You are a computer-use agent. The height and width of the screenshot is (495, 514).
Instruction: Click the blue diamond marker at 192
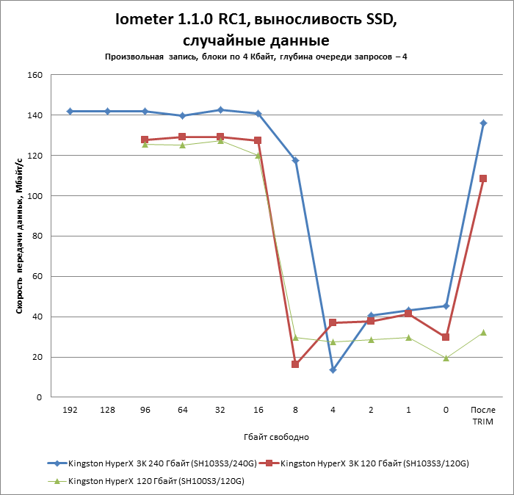70,111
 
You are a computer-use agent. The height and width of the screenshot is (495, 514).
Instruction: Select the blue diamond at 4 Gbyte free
333,369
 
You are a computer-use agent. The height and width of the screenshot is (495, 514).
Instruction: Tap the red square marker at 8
295,364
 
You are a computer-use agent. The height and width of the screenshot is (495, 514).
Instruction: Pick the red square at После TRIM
483,178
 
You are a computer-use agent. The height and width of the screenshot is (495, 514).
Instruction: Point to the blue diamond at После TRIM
483,123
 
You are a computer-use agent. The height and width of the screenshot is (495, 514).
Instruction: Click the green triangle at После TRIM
483,333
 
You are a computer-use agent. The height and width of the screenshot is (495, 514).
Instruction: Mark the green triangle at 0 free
446,358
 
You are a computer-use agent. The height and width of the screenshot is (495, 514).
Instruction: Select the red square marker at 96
145,140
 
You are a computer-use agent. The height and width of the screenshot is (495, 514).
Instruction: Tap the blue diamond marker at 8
295,161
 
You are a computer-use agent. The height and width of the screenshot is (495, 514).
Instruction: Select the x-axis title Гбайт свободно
276,437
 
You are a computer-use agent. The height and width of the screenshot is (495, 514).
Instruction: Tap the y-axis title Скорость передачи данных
21,235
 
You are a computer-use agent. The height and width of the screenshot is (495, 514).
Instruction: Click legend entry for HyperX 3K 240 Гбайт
155,463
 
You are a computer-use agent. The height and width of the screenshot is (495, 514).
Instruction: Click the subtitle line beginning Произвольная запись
256,57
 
